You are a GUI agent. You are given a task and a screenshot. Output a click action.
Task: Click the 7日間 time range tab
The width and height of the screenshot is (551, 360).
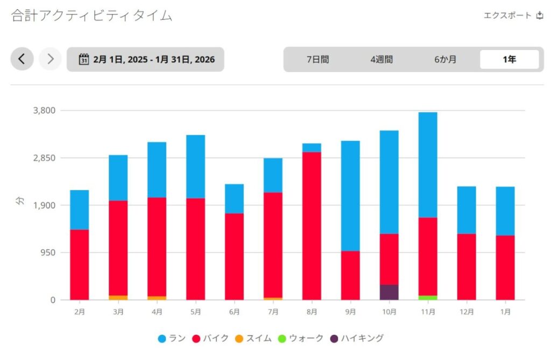(317, 60)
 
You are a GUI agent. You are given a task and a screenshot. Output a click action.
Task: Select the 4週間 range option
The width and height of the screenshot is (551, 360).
(381, 60)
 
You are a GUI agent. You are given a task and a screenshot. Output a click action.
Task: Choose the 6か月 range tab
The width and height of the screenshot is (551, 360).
(445, 60)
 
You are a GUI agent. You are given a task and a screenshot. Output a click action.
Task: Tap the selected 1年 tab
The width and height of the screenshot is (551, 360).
(509, 60)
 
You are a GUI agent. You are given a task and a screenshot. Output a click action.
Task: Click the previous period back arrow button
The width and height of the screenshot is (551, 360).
(22, 59)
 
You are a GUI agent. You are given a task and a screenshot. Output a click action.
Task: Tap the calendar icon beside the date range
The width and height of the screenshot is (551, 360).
(83, 59)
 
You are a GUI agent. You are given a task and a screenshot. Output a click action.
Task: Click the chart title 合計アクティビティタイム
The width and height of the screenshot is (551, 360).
(91, 16)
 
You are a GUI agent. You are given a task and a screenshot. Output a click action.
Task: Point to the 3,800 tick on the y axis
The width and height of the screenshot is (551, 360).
(45, 111)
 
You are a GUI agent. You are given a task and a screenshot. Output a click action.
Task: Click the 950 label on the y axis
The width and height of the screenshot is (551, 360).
(48, 253)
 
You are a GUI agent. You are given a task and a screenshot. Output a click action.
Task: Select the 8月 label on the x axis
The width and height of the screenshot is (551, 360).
(312, 312)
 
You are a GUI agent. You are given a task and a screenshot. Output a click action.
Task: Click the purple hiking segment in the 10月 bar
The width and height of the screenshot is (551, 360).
(389, 292)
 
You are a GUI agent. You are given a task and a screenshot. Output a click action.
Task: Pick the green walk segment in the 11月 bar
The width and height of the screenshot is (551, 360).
(428, 298)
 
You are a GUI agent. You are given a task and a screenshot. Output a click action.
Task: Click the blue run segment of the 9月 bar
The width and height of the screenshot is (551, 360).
(350, 196)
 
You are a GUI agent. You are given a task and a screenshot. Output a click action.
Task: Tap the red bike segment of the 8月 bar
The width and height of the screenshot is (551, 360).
(312, 226)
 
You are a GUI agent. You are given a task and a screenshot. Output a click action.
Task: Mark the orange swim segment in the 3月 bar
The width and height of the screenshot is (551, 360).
(118, 298)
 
